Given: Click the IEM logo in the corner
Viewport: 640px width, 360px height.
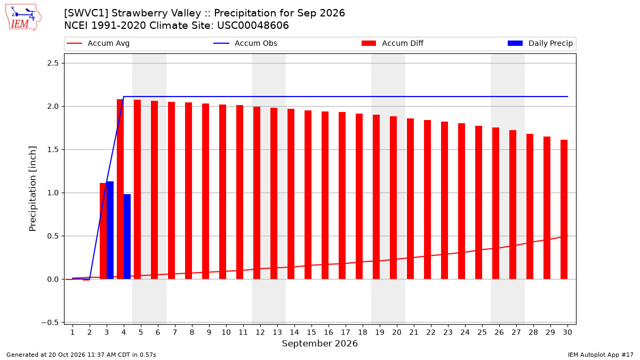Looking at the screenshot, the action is [23, 18].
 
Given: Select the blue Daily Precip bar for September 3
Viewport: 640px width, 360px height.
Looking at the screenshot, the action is [110, 230].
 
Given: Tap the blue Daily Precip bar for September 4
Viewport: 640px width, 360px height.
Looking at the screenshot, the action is [127, 237].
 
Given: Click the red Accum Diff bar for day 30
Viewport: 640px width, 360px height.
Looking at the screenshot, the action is [564, 210].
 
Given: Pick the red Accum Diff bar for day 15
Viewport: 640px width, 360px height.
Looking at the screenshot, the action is [308, 195].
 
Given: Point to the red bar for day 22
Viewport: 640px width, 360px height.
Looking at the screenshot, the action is [427, 199].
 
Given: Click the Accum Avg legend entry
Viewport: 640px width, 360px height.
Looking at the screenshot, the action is [98, 43].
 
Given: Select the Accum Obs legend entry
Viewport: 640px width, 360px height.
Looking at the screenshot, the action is [245, 43].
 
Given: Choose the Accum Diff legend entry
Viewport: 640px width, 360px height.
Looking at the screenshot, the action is [393, 43].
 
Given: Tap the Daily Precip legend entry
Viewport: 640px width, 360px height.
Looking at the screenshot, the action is [540, 43].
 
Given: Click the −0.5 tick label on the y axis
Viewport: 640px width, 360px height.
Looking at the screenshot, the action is [50, 323].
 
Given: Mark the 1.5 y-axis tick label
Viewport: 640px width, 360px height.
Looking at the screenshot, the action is [53, 150].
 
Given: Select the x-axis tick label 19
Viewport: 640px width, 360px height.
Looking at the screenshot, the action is [380, 332].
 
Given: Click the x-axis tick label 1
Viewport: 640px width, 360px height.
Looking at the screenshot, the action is [73, 332].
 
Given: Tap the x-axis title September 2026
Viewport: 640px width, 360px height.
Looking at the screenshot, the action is [319, 343].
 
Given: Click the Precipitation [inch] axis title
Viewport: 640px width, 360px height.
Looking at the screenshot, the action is [33, 189].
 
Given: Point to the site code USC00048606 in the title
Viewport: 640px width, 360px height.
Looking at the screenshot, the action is [253, 26].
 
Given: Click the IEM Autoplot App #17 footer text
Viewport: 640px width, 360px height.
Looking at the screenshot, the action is [601, 355].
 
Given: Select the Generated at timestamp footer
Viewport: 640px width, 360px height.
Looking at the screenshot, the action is [81, 355].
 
